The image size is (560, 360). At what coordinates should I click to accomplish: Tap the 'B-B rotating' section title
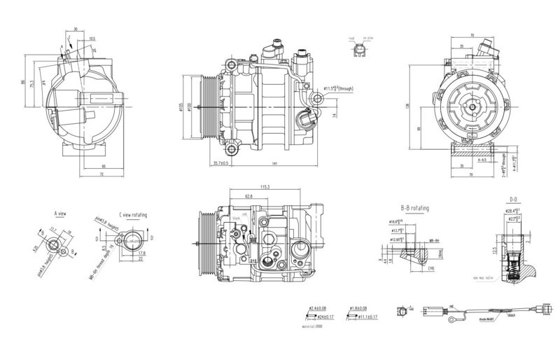coord(415,209)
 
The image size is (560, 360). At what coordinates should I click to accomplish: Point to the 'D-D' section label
coord(513,200)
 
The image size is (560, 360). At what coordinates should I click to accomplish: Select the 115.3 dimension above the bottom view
coord(265,187)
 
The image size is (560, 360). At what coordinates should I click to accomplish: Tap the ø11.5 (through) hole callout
coord(341,89)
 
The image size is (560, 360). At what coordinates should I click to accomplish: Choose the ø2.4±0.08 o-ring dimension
coord(318,309)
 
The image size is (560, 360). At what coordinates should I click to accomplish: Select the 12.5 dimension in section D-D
coord(496,249)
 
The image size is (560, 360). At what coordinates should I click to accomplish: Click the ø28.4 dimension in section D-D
coord(512,211)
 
